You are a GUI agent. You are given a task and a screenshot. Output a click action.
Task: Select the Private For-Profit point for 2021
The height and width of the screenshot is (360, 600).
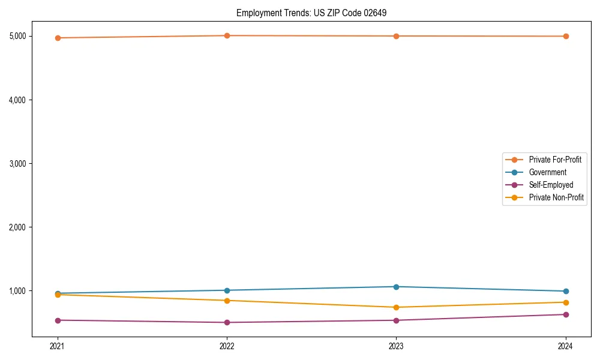click(58, 38)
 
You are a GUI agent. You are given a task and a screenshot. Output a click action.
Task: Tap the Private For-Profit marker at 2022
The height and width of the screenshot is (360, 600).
click(227, 35)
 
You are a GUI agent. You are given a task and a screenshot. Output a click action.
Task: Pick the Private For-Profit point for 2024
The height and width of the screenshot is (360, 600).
click(566, 36)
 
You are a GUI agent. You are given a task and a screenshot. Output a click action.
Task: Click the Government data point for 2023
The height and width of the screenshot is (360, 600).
click(396, 287)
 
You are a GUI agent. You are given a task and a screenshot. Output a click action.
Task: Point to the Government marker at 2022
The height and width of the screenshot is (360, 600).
click(227, 290)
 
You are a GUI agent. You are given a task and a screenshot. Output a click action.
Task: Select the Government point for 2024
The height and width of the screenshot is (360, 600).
click(566, 292)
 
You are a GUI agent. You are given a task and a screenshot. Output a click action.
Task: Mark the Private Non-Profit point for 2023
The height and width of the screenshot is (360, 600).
click(396, 307)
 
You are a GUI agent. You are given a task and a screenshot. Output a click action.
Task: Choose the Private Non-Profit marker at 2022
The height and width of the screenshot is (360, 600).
click(227, 301)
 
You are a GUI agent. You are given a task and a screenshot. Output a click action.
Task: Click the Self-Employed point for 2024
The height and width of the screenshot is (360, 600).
click(566, 314)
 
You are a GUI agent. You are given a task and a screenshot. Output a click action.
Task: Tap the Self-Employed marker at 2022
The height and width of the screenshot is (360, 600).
click(227, 322)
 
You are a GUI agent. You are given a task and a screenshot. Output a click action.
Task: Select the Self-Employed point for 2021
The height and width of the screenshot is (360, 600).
click(58, 320)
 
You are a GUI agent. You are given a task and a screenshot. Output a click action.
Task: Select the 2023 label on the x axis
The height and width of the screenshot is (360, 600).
click(396, 346)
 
